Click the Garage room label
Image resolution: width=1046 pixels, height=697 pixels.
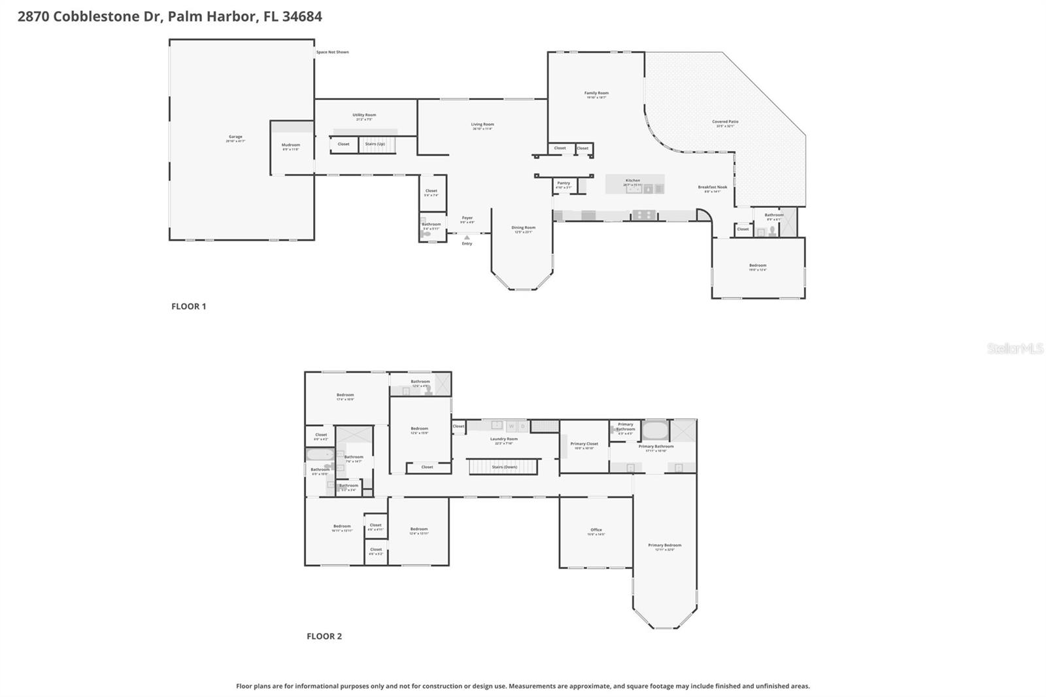235,137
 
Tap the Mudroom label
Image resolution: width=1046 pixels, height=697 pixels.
291,145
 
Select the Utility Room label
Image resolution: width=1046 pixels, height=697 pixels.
364,115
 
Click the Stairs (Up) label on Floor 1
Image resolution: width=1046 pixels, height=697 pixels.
375,144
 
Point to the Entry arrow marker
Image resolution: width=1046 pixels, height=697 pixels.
467,238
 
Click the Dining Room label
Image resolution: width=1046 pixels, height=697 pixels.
523,228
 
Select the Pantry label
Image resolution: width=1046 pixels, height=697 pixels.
564,183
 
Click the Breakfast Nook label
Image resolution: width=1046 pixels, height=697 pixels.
712,188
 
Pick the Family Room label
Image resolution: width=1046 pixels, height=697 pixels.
596,93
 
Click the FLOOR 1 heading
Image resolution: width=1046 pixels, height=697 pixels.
188,306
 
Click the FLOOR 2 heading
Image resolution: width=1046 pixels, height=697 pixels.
324,636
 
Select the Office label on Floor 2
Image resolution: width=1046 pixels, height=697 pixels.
596,530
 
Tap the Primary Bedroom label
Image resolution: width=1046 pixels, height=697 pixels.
664,545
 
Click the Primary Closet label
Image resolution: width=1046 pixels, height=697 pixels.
584,444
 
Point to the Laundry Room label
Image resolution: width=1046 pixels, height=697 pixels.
503,439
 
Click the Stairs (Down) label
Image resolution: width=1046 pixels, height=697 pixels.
504,467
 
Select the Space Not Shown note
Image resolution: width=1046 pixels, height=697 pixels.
332,52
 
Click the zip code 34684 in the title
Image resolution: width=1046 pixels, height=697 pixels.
302,16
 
